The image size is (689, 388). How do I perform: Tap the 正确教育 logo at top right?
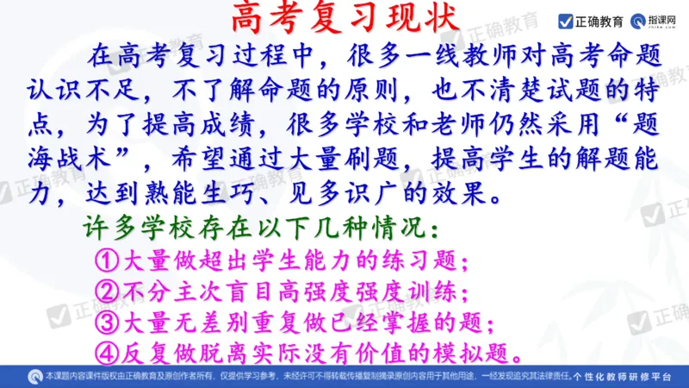point(591,20)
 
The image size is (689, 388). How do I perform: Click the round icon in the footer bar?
point(35,377)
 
